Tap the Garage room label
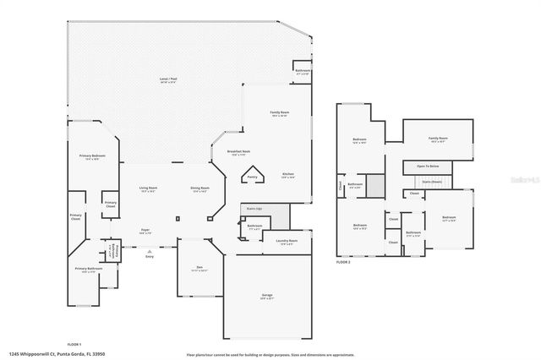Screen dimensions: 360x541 point(266,296)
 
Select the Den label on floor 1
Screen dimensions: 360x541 point(198,267)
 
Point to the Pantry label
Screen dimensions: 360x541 point(252,177)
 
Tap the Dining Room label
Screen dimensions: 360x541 point(199,189)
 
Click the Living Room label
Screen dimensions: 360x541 point(149,189)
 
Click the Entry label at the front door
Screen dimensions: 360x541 point(150,255)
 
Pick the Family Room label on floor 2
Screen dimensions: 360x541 point(437,137)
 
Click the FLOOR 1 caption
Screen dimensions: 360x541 point(74,344)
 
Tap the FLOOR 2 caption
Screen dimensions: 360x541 point(342,263)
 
